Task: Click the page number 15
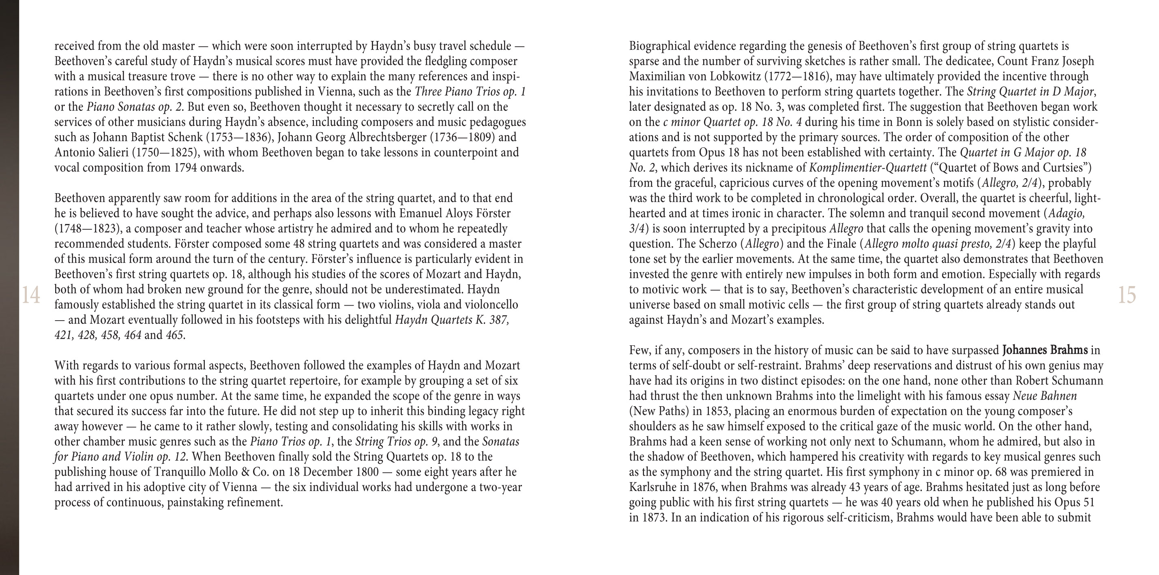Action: [x=1127, y=295]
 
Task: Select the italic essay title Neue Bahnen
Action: [x=1045, y=396]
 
